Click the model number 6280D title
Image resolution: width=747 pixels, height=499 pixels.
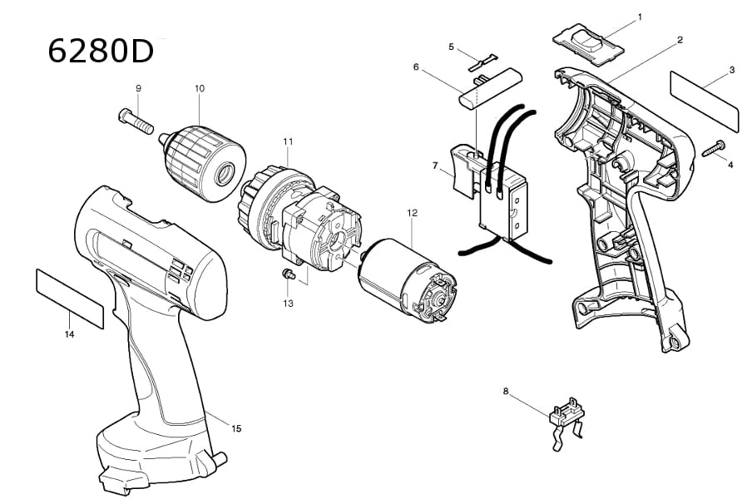(x=101, y=51)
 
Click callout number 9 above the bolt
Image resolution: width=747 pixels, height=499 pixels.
(x=139, y=88)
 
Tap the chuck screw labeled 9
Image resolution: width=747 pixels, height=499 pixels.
(x=136, y=121)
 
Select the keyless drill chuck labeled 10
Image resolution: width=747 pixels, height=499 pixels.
(x=202, y=163)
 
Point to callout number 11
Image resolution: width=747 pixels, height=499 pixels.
(x=288, y=141)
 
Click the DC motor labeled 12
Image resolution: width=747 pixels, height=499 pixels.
(x=407, y=278)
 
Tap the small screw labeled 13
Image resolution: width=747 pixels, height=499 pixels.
(x=288, y=274)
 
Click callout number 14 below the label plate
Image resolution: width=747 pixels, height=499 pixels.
(x=70, y=334)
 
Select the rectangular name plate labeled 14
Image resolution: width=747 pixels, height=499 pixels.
(x=70, y=299)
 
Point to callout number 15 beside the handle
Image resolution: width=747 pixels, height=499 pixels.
(x=236, y=428)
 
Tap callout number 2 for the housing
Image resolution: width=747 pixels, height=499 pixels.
(x=680, y=40)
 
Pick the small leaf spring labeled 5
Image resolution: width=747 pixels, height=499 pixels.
(x=483, y=63)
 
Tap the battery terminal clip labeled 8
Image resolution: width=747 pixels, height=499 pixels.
(x=567, y=422)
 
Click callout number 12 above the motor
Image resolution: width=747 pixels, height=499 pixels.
(x=412, y=213)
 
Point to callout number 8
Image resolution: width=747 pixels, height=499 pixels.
(x=506, y=392)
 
